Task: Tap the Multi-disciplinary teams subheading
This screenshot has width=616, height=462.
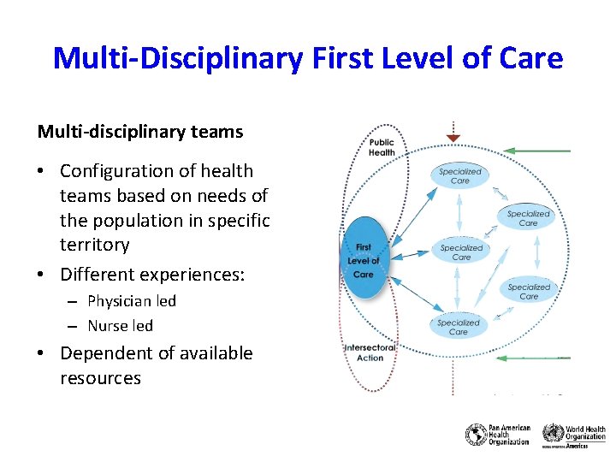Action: pyautogui.click(x=140, y=132)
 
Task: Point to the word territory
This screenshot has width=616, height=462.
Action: pyautogui.click(x=94, y=245)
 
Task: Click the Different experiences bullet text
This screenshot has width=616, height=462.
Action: pyautogui.click(x=152, y=275)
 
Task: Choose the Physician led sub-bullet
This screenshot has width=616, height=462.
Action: pyautogui.click(x=132, y=301)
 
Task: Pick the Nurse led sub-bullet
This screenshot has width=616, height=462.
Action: pyautogui.click(x=120, y=326)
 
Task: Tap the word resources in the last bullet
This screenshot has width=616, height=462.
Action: pyautogui.click(x=100, y=378)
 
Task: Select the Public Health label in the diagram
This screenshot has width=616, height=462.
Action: pyautogui.click(x=382, y=147)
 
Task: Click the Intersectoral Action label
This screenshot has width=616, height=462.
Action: pyautogui.click(x=370, y=352)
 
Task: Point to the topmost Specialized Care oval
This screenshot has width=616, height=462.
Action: pyautogui.click(x=460, y=175)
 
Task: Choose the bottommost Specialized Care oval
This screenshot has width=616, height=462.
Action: pyautogui.click(x=459, y=327)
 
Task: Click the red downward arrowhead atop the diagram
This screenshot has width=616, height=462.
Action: pyautogui.click(x=453, y=138)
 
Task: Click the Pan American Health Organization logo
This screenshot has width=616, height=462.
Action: pyautogui.click(x=498, y=435)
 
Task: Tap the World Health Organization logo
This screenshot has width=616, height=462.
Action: pyautogui.click(x=574, y=435)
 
